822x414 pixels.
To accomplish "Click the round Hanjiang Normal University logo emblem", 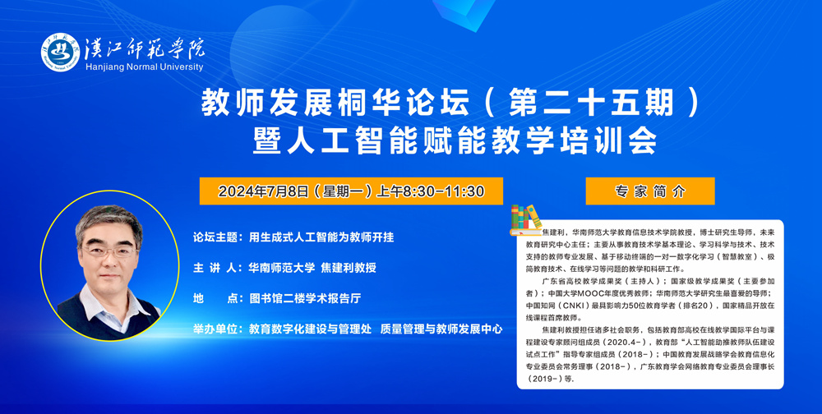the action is point(61,53).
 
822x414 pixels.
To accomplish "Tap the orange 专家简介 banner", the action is point(650,191).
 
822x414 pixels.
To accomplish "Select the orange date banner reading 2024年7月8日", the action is point(351,191).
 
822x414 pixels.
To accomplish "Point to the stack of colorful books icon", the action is point(526,219).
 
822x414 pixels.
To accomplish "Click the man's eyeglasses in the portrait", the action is point(110,252).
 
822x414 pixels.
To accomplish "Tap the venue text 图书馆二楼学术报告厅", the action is point(305,299).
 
